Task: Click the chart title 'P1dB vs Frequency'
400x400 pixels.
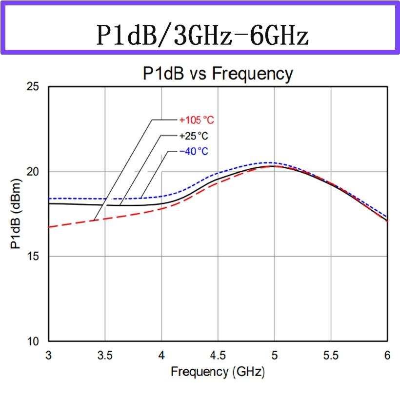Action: pos(218,74)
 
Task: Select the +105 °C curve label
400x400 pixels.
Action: pos(197,120)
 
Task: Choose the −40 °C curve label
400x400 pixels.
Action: pos(194,151)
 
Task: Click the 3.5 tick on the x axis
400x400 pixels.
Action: pos(105,356)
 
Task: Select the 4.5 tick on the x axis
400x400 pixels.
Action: pos(218,356)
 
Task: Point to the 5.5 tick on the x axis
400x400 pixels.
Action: pos(331,356)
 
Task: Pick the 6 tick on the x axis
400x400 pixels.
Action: pos(387,356)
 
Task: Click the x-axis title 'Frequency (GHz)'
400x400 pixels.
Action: pos(218,372)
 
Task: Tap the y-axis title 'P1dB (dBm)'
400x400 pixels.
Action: pos(16,215)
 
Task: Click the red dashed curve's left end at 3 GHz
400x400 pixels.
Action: pos(49,227)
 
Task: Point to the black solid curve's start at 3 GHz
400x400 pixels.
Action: pos(49,203)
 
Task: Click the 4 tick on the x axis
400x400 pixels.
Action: pos(161,356)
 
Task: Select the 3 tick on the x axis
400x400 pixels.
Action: pos(48,356)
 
